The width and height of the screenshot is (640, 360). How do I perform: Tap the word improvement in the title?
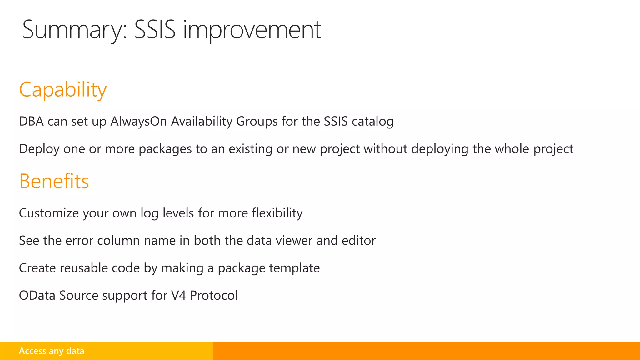[252, 30]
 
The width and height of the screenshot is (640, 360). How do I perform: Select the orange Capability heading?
[63, 90]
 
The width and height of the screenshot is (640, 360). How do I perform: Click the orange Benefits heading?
[54, 181]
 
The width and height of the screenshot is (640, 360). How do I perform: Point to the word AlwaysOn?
[139, 122]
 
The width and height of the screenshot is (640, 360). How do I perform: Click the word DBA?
[31, 122]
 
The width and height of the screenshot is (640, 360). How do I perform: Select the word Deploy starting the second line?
[39, 149]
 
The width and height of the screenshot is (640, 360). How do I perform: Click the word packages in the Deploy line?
[165, 149]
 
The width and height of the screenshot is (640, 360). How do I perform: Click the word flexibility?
[277, 213]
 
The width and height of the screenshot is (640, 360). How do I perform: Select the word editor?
[359, 241]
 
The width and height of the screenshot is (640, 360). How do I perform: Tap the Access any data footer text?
[52, 351]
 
